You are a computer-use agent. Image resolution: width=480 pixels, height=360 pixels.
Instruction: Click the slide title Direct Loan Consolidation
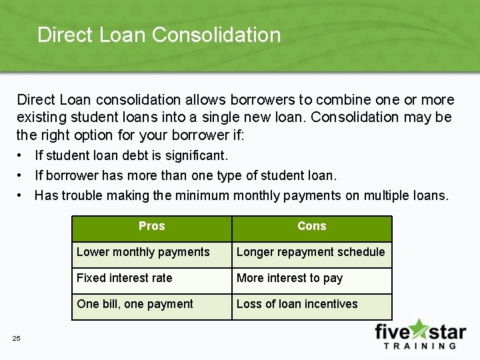coord(159,35)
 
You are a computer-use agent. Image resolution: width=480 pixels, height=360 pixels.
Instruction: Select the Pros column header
coord(151,226)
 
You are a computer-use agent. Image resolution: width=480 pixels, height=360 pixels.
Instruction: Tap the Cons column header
coord(311,226)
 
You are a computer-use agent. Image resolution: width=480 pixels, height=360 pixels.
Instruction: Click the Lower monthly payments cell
coord(143,252)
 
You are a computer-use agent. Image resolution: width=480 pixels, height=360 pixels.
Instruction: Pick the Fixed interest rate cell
coord(125,278)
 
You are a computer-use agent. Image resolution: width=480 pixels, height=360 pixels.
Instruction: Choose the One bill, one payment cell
coord(135,304)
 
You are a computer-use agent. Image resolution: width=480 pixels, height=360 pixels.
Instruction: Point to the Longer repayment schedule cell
coord(311,252)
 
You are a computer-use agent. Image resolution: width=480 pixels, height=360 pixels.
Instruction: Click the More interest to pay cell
coord(289,278)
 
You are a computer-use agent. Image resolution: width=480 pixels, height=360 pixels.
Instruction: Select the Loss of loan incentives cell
coord(297,304)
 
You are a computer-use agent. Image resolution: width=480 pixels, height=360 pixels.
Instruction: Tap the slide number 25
coord(16,339)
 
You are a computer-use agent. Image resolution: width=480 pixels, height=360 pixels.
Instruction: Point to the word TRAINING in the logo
coord(420,346)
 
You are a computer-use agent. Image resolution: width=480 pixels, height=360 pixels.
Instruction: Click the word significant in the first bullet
coord(199,156)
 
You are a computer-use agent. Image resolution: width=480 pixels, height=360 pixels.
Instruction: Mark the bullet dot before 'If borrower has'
coord(22,176)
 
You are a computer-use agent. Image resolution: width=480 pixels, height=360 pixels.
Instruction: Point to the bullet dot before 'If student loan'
coord(22,156)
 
